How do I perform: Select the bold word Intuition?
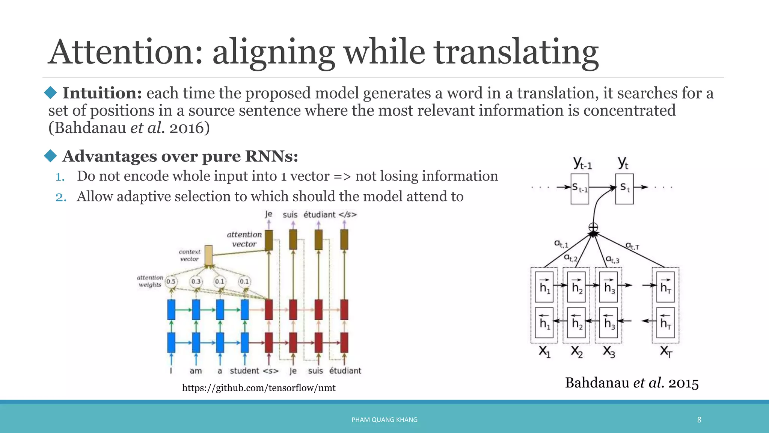click(x=102, y=93)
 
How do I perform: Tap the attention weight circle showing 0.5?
click(x=171, y=282)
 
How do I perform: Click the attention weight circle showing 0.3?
click(x=196, y=282)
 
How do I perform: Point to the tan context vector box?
click(x=208, y=255)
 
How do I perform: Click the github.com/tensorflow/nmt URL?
click(x=259, y=388)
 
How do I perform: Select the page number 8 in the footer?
click(x=699, y=420)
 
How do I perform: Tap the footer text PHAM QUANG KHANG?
click(x=384, y=420)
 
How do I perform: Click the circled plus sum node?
click(x=593, y=227)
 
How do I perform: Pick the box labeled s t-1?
click(x=580, y=188)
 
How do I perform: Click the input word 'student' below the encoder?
click(x=244, y=371)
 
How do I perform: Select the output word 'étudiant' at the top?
click(x=319, y=215)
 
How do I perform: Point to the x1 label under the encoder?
click(x=544, y=352)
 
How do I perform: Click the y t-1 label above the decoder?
click(x=582, y=163)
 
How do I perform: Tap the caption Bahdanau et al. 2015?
click(x=632, y=383)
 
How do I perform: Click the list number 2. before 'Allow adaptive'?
click(x=61, y=197)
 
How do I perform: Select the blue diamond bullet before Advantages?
click(x=50, y=156)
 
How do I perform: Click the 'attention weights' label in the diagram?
click(x=150, y=281)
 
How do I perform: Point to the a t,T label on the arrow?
click(x=632, y=246)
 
